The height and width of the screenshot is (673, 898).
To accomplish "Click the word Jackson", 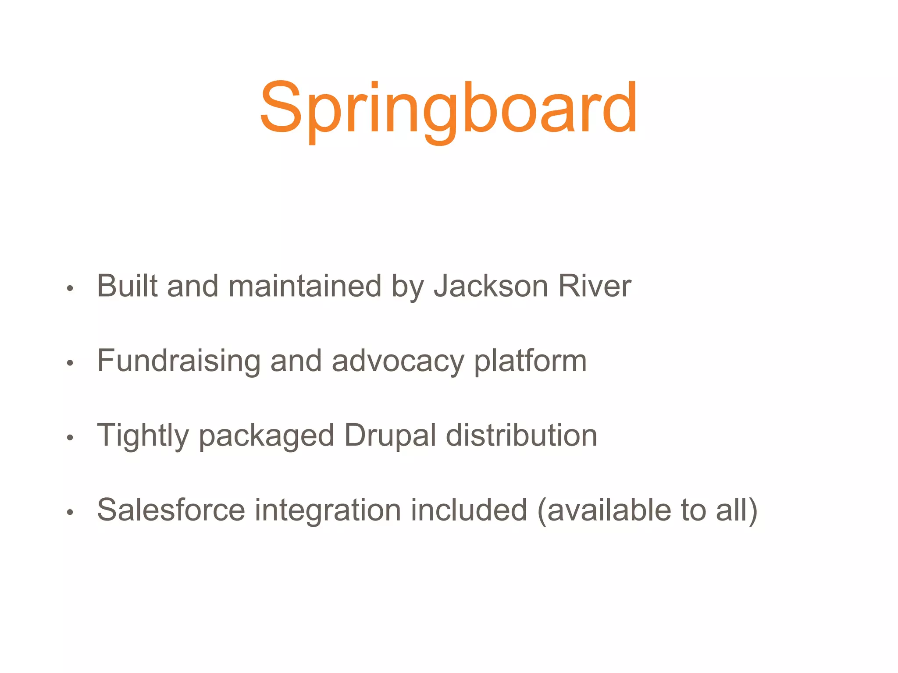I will [491, 286].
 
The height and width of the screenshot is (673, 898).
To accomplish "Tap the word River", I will [594, 286].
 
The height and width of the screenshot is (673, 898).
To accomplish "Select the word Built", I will [127, 286].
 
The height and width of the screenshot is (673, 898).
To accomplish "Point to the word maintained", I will [305, 286].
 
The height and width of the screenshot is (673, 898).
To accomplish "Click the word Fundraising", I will [178, 361].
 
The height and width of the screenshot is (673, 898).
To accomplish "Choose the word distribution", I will [521, 436].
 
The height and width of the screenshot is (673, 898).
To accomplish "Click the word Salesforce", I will [171, 510].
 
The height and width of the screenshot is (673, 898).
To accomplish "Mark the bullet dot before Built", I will [70, 288].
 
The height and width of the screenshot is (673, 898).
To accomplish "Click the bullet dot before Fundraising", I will [70, 363].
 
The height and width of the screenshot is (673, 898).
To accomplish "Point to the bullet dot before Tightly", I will [70, 437].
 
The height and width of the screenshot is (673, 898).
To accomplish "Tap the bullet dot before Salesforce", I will [70, 512].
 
